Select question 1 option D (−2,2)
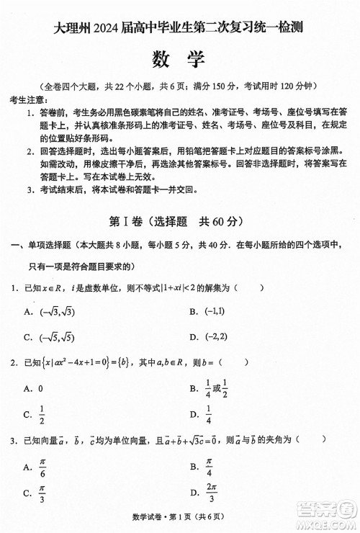pyautogui.click(x=213, y=336)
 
